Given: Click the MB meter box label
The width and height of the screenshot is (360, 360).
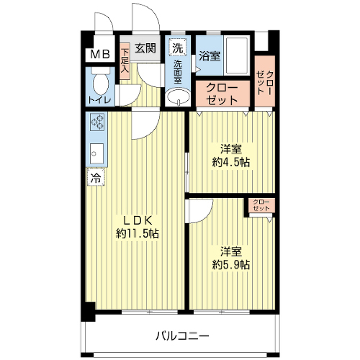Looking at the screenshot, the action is pos(100,55).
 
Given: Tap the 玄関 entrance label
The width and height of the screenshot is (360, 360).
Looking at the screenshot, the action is pos(145,48).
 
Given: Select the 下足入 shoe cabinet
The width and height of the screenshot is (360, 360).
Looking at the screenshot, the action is pos(125,61).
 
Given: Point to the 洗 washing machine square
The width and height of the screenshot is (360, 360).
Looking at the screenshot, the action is pos(177,48).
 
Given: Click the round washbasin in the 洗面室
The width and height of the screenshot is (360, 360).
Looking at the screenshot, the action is pos(178,96).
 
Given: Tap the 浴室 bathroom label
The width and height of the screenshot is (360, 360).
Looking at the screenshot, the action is pos(210,56).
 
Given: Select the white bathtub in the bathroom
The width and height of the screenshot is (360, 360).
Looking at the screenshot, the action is pos(237,56).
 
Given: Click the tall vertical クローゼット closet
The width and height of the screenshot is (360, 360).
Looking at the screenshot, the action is pos(265,81).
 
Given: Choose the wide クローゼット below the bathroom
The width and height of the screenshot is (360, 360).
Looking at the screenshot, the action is pos(222,94).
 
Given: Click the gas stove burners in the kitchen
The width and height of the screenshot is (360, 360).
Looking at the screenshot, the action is pos(97,122).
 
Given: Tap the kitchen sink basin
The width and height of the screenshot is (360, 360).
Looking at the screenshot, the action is pos(97,153).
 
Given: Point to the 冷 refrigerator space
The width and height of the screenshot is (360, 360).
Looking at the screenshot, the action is pos(96,177).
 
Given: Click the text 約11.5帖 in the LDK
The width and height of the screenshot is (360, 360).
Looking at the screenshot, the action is pos(138,233).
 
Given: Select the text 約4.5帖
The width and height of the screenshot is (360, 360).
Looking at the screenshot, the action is pos(231,163).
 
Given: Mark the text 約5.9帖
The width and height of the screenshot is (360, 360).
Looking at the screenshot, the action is pos(231,265).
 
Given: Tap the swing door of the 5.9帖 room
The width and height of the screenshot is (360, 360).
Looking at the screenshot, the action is pos(201,211).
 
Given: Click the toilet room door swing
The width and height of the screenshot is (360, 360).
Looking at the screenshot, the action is pos(128,95).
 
